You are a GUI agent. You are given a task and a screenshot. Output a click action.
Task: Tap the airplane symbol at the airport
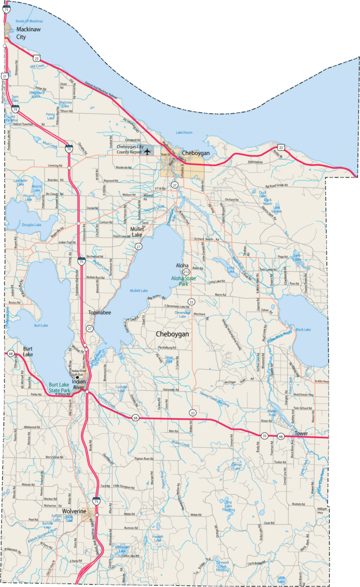click(x=149, y=151)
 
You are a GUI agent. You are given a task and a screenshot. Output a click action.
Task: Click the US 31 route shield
click(x=4, y=76)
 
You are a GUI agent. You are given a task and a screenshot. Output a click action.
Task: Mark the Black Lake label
click(x=303, y=330)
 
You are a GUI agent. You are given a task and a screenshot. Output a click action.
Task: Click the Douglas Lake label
click(x=31, y=225)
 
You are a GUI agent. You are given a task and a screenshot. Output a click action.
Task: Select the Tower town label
click(x=301, y=434)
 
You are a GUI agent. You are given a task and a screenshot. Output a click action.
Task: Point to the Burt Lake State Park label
click(x=66, y=387)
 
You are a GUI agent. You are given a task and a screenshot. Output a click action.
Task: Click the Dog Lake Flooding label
click(x=229, y=506)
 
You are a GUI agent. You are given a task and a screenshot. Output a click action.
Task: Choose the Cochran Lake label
click(x=121, y=388)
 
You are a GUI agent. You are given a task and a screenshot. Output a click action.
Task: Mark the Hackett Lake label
click(x=158, y=538)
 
